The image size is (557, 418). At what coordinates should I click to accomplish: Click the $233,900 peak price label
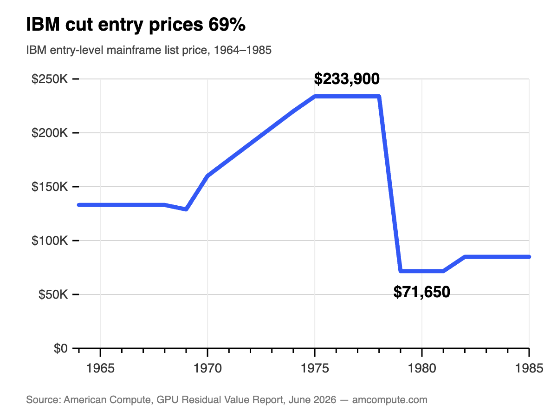point(347,79)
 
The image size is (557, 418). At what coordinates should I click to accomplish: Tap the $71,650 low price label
point(422,292)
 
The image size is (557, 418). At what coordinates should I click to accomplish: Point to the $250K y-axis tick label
point(50,79)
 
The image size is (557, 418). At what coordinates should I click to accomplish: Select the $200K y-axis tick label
point(50,133)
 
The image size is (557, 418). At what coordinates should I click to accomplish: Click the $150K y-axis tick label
point(50,187)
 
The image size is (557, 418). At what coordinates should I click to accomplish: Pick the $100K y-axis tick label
point(50,240)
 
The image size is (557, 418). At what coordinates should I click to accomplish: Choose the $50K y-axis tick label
point(53,294)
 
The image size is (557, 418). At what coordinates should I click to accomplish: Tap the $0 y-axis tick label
point(61,348)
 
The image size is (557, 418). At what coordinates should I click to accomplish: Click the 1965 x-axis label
point(100,368)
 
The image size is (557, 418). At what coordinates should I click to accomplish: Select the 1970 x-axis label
point(207,368)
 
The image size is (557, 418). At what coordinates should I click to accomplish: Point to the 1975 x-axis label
point(315,368)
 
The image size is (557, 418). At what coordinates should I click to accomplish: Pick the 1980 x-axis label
point(422,368)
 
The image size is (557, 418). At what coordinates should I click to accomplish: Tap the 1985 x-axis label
point(529,368)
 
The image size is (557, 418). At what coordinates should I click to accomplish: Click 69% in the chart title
point(227,25)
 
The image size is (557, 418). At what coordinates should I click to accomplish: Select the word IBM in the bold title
point(43,25)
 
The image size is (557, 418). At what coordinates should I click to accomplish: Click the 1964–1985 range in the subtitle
point(243,50)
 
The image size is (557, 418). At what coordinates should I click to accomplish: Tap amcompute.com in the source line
point(390,400)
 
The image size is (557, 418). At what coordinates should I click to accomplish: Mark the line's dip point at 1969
point(186,209)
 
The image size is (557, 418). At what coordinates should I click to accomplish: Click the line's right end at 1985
point(529,257)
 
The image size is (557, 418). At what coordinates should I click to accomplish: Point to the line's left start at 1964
point(79,205)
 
